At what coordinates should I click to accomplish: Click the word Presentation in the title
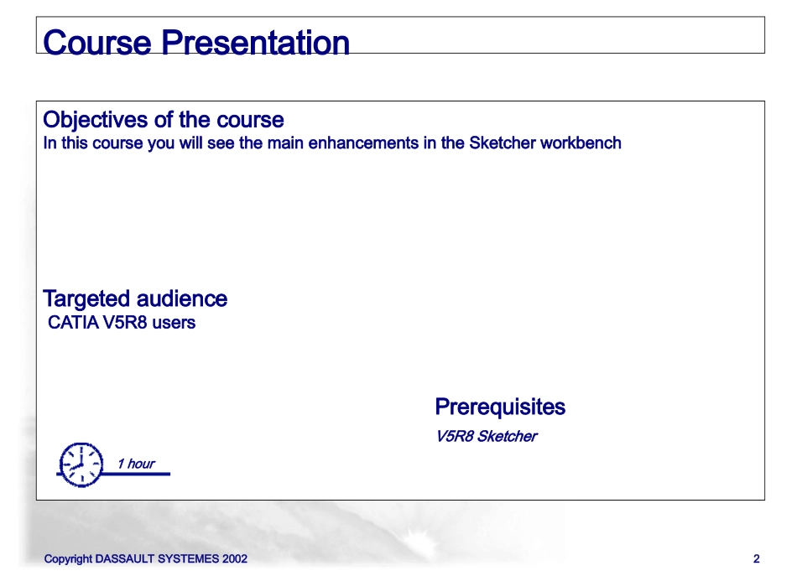click(x=255, y=42)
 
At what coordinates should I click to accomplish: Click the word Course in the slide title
click(x=97, y=42)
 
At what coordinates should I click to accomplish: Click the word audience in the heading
click(x=181, y=298)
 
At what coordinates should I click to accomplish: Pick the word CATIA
click(x=73, y=323)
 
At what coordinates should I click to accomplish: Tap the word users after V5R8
click(x=174, y=323)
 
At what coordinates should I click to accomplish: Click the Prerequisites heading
click(x=500, y=407)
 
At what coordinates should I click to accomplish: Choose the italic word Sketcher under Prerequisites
click(x=507, y=436)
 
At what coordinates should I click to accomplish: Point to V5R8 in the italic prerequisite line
click(x=455, y=436)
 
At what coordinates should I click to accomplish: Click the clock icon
click(x=81, y=464)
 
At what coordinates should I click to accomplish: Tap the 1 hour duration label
click(x=136, y=464)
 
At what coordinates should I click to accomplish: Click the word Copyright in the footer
click(x=68, y=559)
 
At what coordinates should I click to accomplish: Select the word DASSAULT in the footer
click(x=124, y=558)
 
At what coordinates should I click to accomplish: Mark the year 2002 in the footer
click(x=235, y=558)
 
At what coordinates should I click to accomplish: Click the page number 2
click(x=757, y=558)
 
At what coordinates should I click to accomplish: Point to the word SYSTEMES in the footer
click(x=188, y=558)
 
